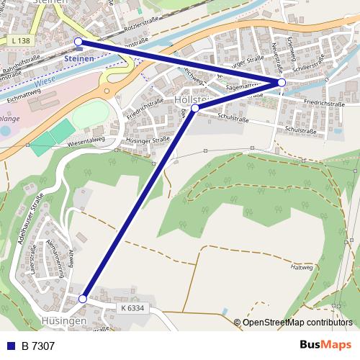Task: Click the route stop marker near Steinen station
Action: tap(78, 42)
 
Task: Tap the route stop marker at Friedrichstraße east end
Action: tap(282, 83)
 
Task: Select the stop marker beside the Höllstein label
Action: tap(195, 108)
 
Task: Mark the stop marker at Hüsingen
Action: tap(83, 298)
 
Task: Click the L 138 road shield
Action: tap(22, 42)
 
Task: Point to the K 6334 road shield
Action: tap(132, 308)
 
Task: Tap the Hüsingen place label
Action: tap(63, 320)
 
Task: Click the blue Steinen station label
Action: tap(78, 58)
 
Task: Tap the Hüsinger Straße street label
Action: tap(148, 141)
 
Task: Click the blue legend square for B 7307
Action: tap(11, 346)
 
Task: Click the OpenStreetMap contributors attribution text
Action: tap(297, 322)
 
